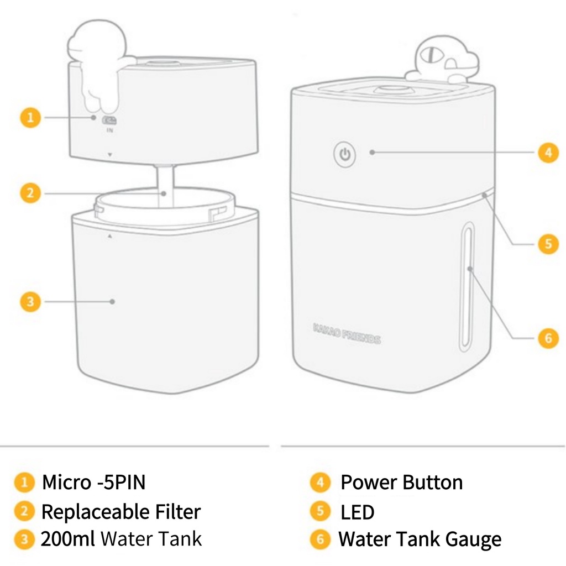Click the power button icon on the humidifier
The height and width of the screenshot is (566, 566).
[345, 155]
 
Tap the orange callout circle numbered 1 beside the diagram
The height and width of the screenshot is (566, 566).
[30, 118]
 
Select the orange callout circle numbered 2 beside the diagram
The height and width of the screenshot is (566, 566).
[30, 193]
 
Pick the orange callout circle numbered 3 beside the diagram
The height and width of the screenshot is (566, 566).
[30, 301]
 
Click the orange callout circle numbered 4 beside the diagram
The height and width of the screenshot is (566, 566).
[548, 153]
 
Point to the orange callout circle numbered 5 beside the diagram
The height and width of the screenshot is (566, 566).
[548, 244]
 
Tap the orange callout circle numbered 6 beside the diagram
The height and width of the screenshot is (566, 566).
[548, 338]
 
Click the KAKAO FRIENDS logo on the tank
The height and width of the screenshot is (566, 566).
[347, 333]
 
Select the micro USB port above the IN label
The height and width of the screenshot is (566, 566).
[109, 120]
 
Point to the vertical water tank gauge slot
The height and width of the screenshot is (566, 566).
[467, 286]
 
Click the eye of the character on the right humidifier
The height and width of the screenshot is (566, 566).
[432, 54]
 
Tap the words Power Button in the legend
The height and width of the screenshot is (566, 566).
[401, 482]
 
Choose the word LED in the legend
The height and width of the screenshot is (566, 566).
[358, 512]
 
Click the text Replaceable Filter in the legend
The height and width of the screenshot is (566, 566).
[121, 511]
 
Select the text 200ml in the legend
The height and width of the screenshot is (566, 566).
[67, 539]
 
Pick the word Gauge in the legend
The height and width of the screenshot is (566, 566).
[473, 540]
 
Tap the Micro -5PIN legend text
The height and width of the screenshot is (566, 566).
[93, 482]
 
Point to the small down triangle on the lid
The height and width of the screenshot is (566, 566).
[110, 155]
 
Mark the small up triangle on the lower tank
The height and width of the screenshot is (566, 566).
[110, 236]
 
